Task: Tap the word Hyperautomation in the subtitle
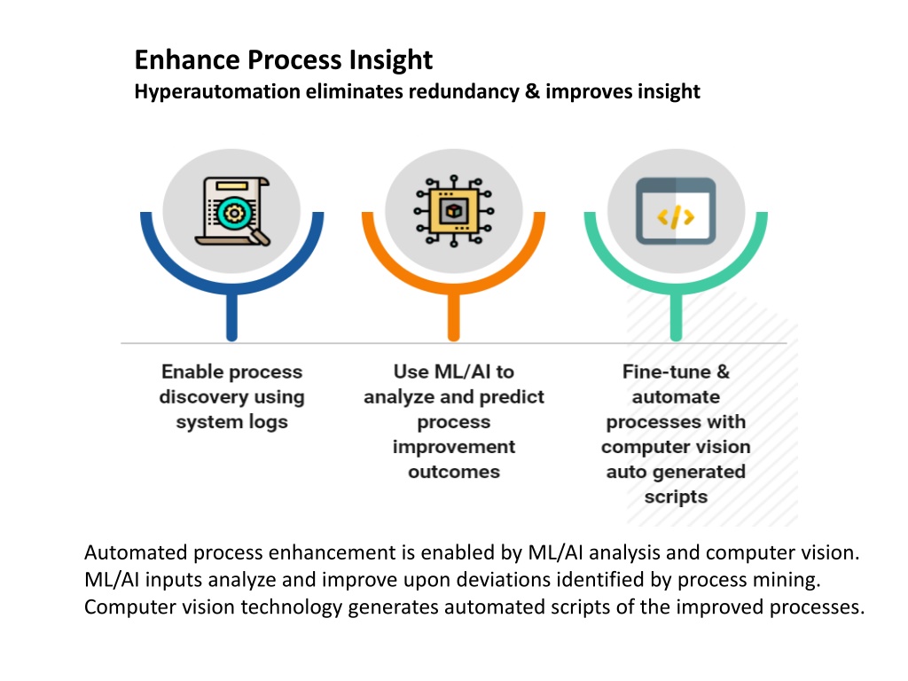point(217,91)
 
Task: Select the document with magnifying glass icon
point(232,211)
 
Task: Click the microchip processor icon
point(454,211)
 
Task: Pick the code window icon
point(676,211)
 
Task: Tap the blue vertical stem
point(231,317)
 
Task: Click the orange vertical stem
point(454,317)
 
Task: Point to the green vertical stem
point(676,317)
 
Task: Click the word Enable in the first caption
point(190,372)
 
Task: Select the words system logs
point(231,422)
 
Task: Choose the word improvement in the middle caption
point(454,447)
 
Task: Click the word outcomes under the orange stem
point(454,472)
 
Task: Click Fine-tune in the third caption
point(667,372)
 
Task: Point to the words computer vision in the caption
point(676,447)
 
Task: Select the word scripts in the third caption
point(676,497)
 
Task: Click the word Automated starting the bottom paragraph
point(136,552)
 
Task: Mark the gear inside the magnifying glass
point(233,214)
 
